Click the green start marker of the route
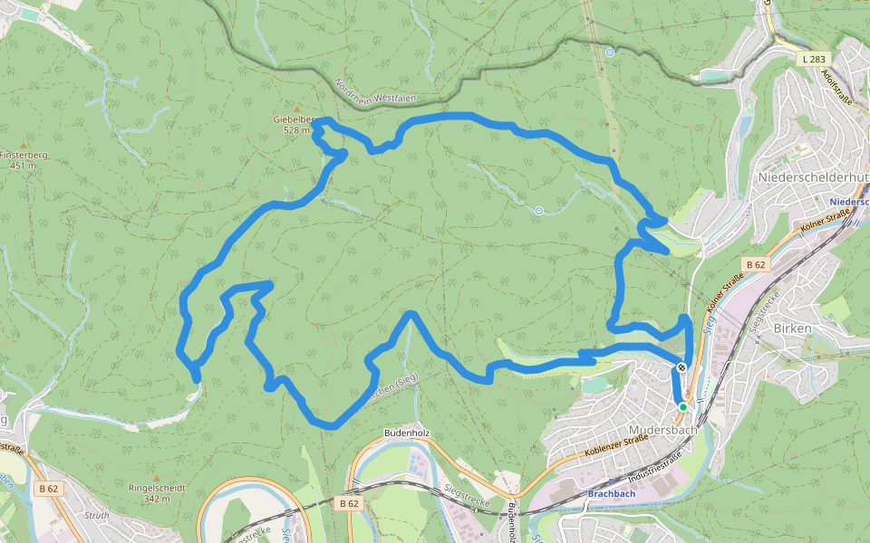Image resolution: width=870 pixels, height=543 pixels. [683, 407]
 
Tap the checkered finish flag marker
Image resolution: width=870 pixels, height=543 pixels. [681, 368]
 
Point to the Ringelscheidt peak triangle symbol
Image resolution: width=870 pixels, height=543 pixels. [157, 478]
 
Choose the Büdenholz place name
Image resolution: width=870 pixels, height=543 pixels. [406, 433]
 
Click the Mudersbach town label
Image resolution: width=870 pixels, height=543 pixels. [662, 429]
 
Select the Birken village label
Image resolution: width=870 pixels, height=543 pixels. [792, 328]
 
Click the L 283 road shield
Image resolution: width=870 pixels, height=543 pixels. [813, 59]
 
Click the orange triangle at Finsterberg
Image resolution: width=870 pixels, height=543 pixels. [24, 145]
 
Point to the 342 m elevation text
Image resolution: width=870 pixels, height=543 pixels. [158, 499]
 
